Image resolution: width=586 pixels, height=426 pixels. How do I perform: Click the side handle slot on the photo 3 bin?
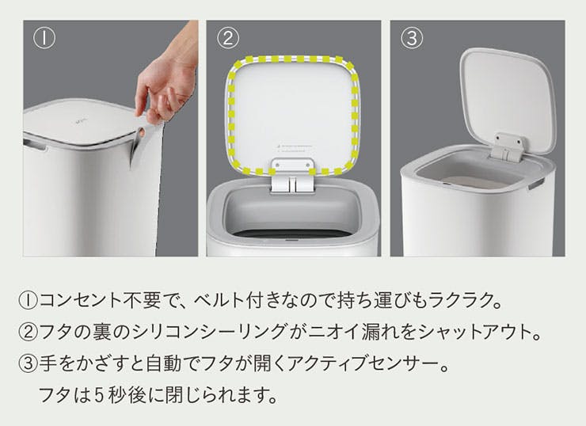pos(536,184)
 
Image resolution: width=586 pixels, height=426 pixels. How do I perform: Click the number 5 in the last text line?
pos(99,394)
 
